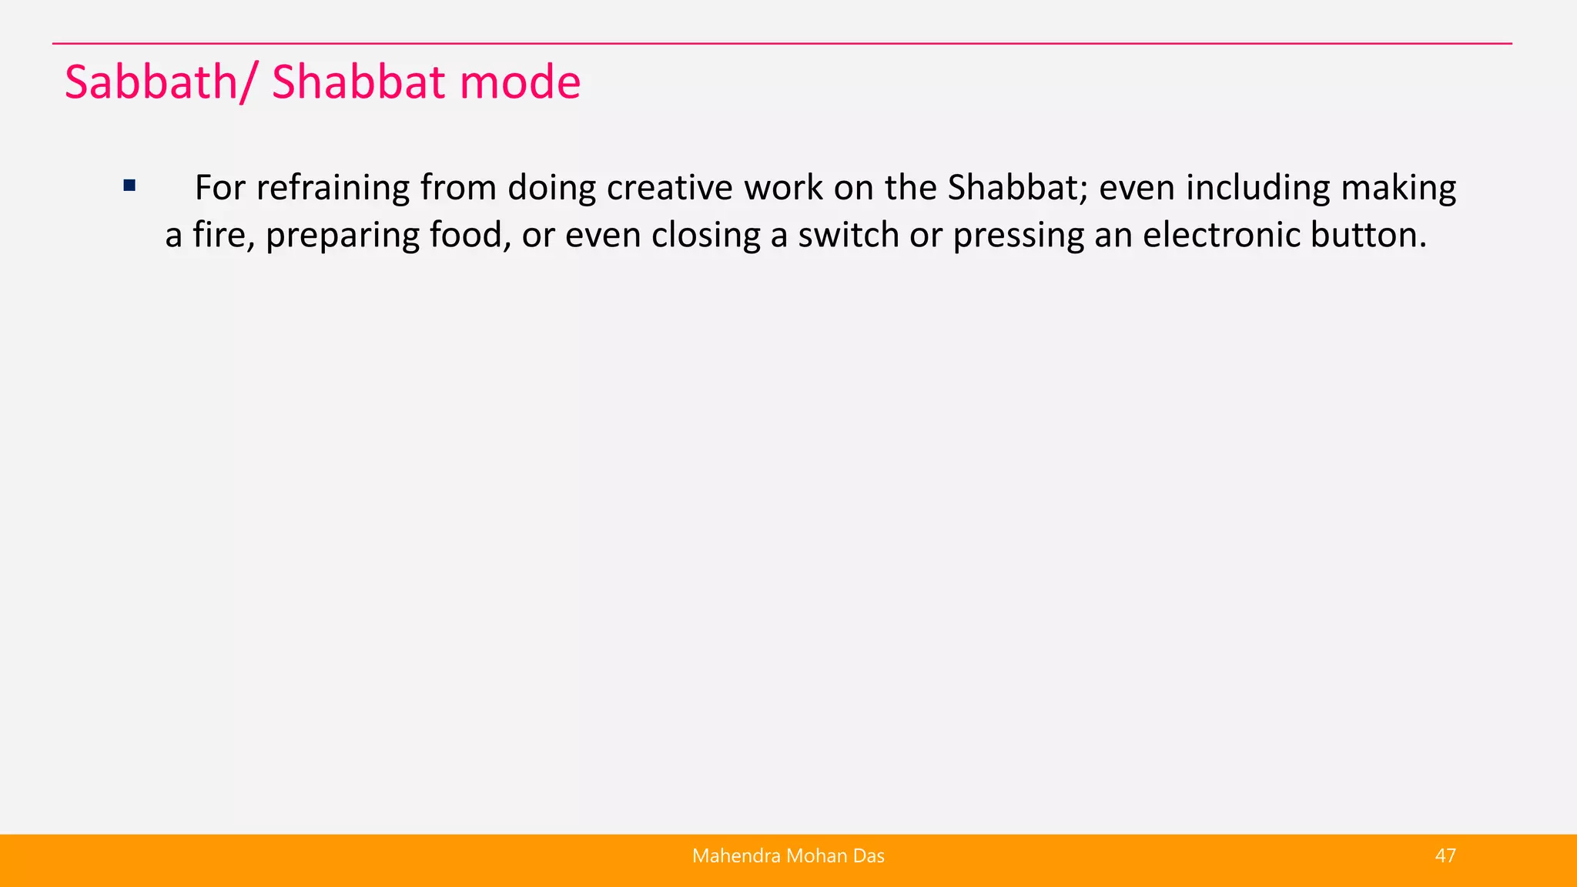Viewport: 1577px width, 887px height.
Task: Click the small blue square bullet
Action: tap(129, 186)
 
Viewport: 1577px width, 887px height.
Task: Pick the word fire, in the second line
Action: tap(223, 235)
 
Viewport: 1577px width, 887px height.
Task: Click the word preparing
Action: tap(342, 235)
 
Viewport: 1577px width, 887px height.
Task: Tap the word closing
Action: tap(705, 235)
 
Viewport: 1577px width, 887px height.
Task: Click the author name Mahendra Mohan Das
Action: tap(788, 856)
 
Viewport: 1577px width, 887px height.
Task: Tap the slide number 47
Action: tap(1445, 856)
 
